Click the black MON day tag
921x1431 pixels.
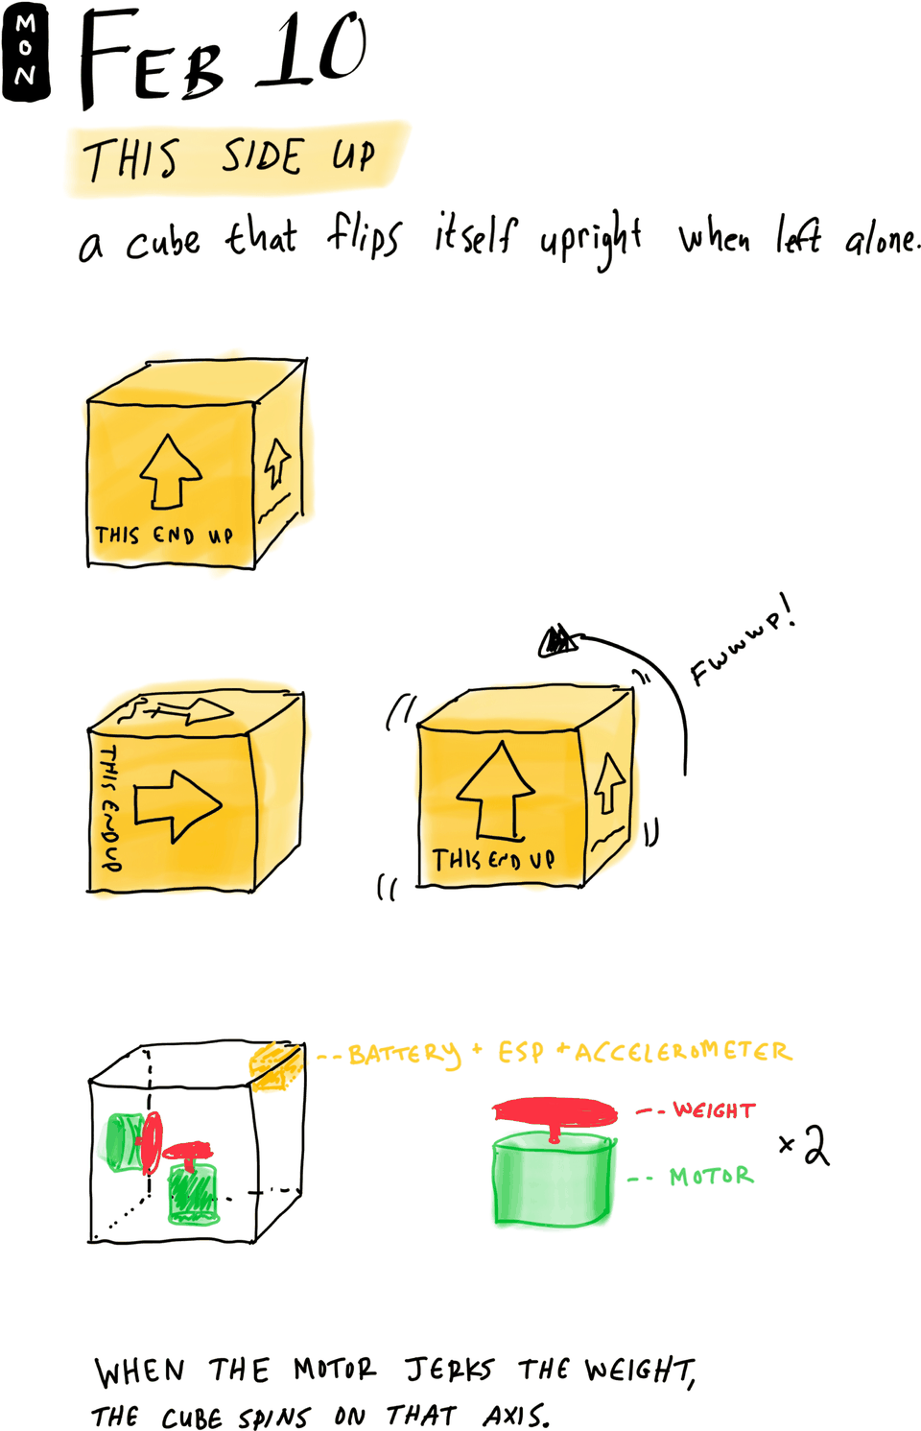point(26,52)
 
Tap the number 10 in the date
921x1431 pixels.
point(313,51)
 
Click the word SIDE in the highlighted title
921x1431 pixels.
point(262,156)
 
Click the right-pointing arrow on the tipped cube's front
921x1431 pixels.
point(177,806)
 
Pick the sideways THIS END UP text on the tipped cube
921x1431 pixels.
point(110,807)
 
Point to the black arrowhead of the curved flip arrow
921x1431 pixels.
point(558,640)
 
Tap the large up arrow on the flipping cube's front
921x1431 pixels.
point(496,790)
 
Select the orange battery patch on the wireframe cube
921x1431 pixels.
point(275,1065)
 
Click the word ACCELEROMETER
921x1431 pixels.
point(683,1052)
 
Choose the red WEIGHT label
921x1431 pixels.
point(714,1109)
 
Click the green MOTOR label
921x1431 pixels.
point(712,1176)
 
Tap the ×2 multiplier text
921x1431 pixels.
point(805,1147)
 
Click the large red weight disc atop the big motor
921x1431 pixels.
point(555,1112)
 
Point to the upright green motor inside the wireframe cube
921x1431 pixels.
point(192,1193)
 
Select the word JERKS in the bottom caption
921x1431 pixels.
point(450,1371)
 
